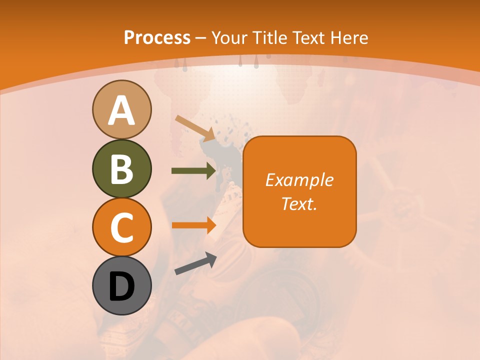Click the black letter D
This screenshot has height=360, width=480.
tap(121, 286)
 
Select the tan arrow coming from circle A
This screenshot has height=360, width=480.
tap(195, 128)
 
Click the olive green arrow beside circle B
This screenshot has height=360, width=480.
tap(194, 171)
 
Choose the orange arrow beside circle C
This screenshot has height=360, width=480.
tap(194, 225)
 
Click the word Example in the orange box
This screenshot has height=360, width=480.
tap(299, 180)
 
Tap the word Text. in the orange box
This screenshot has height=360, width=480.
tap(299, 203)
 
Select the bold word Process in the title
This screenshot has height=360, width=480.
tap(157, 37)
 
